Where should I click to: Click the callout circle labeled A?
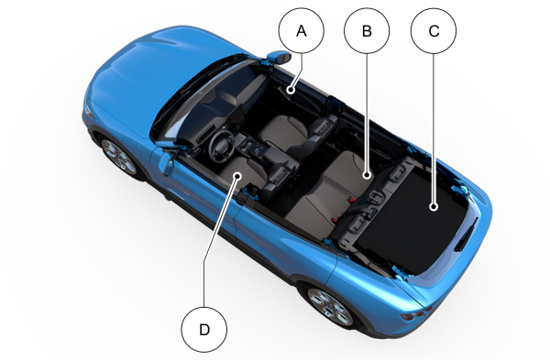coord(302,31)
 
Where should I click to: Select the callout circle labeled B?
coord(367,31)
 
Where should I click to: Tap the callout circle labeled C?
coord(434,31)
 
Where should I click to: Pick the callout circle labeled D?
coord(204,330)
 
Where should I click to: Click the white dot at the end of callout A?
coord(291,90)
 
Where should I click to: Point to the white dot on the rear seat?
coord(367,175)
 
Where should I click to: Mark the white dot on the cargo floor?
coord(434,207)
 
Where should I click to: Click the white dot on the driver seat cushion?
coord(237,175)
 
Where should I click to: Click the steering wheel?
coord(222,147)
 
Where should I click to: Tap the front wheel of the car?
coord(118,157)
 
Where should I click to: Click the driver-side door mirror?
coord(166,163)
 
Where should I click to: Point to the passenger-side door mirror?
coord(279,58)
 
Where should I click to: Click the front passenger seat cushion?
coord(282,133)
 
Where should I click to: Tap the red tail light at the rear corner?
coord(415,315)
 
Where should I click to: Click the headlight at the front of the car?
coord(88,111)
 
